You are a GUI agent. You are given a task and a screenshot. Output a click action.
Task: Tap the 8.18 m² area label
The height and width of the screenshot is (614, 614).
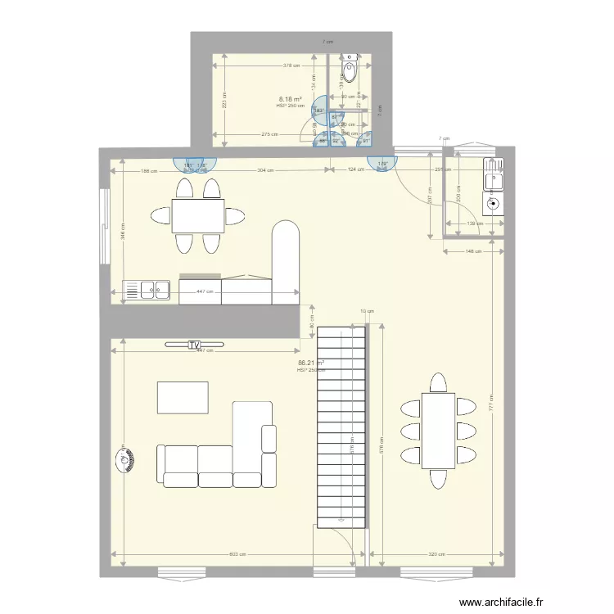pyautogui.click(x=291, y=99)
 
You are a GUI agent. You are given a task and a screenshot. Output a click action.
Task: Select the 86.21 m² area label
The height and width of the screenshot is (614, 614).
pyautogui.click(x=310, y=363)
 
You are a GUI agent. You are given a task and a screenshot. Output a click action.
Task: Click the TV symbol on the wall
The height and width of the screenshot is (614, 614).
pyautogui.click(x=193, y=345)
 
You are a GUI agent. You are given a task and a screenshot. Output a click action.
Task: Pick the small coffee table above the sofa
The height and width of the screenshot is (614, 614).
pyautogui.click(x=183, y=398)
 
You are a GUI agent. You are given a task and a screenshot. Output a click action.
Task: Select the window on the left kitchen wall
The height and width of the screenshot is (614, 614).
pyautogui.click(x=103, y=227)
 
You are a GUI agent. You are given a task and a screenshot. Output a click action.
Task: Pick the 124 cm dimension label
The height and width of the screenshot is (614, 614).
pyautogui.click(x=354, y=170)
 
